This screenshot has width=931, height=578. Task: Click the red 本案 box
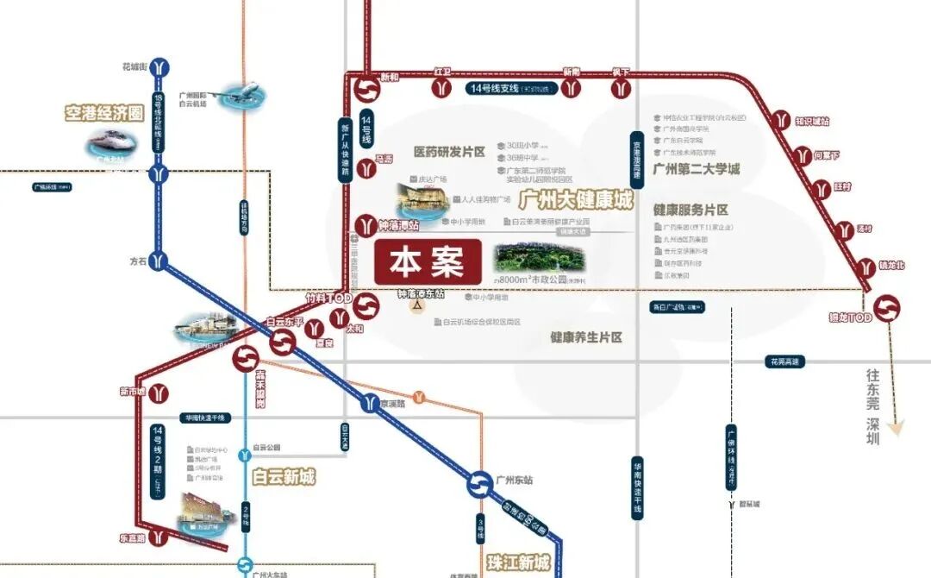click(x=428, y=261)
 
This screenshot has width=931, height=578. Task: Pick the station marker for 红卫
click(x=443, y=87)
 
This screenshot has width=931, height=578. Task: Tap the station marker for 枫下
click(x=619, y=88)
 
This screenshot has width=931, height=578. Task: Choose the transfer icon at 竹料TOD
click(x=366, y=307)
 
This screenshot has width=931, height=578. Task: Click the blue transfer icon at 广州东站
click(x=479, y=487)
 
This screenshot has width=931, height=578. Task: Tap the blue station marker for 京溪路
click(x=370, y=403)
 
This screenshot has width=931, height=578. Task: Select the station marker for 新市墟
click(x=159, y=393)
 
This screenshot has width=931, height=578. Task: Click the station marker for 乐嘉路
click(x=159, y=537)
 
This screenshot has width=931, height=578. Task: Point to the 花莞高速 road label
click(x=784, y=361)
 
